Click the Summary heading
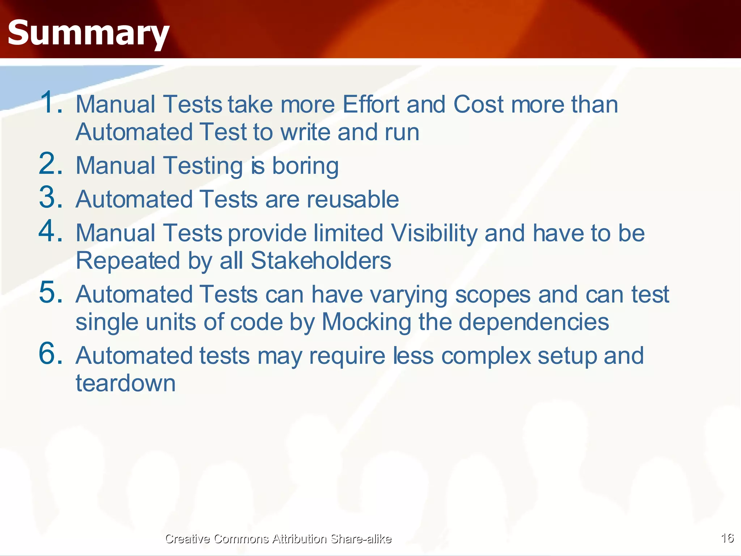88,33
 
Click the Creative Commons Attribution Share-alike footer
278,539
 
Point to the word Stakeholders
321,261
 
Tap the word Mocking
366,322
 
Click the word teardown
126,383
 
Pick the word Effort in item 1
370,104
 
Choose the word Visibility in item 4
434,233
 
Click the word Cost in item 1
478,104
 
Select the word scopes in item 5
492,295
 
